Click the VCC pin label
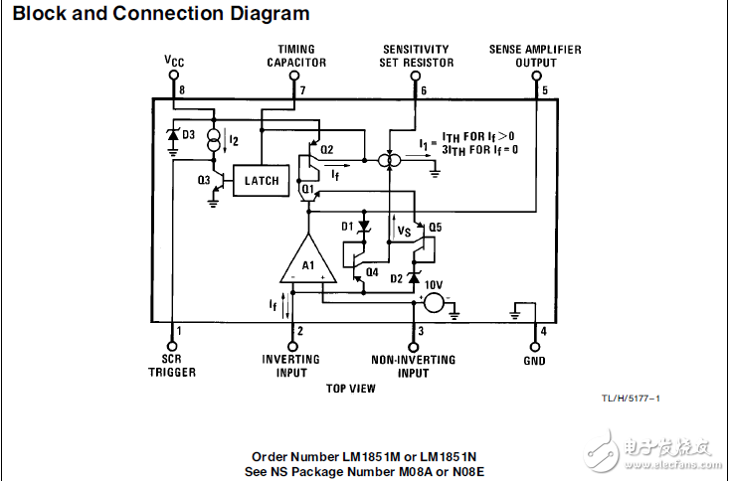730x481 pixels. pos(175,61)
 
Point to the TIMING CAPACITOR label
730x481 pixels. pos(296,56)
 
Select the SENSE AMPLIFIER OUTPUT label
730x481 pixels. pos(535,56)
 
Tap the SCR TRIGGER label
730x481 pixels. pos(178,366)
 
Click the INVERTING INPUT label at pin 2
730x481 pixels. pos(290,366)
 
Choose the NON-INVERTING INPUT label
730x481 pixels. pos(413,366)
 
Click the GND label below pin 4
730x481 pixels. pos(534,361)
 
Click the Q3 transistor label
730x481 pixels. pos(204,180)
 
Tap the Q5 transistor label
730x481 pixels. pos(436,227)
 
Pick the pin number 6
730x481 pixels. pos(424,90)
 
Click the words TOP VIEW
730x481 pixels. pos(351,389)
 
